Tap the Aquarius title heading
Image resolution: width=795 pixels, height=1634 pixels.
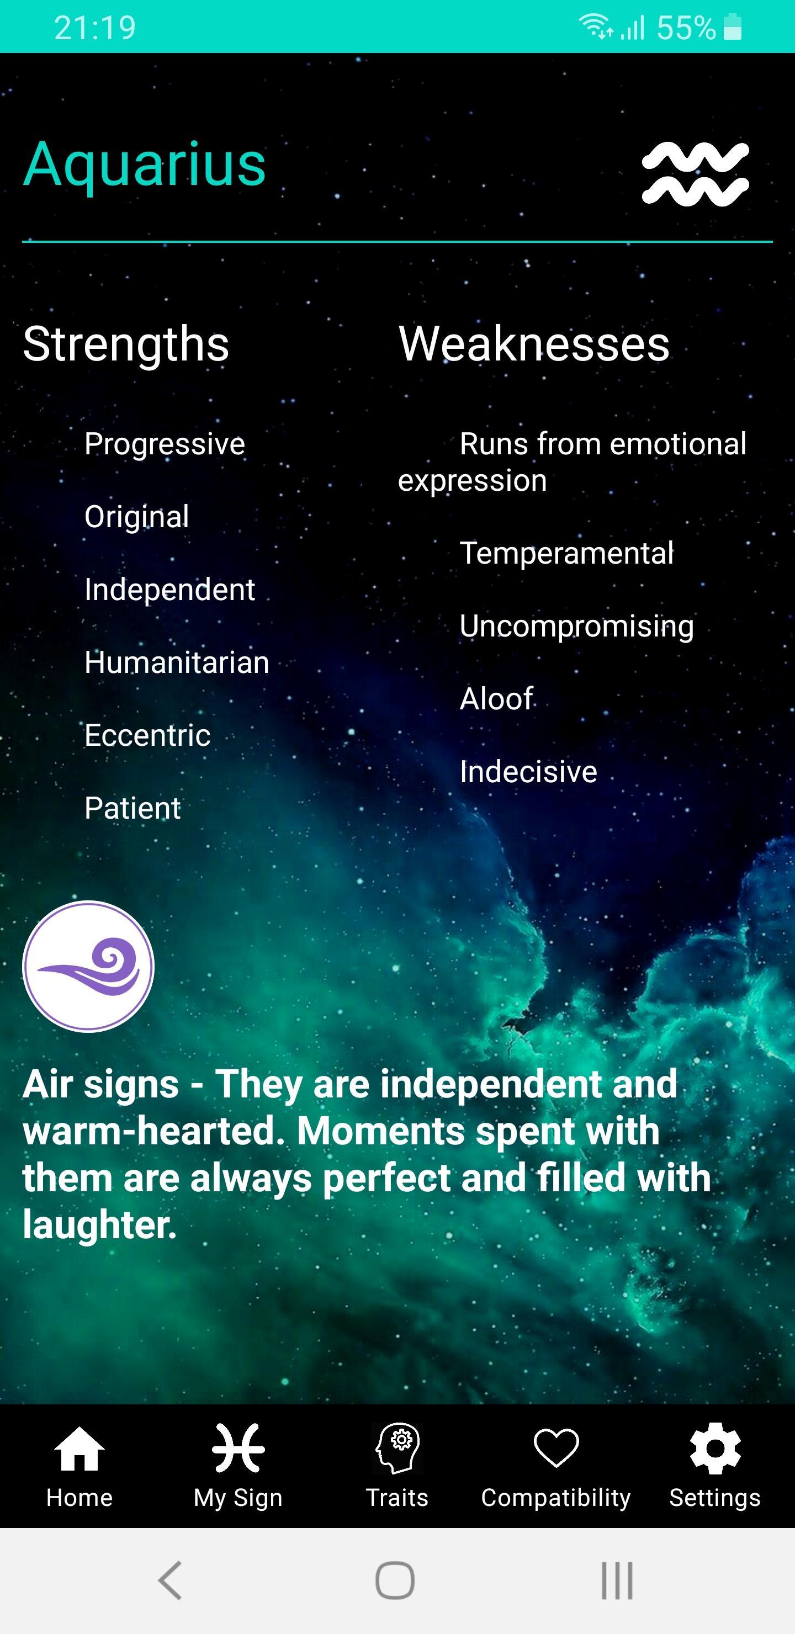(144, 165)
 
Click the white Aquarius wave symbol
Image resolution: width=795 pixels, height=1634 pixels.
(696, 174)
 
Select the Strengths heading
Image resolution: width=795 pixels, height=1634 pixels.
(126, 344)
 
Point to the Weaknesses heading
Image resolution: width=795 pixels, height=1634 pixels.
(534, 344)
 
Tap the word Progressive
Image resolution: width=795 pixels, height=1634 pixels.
(165, 444)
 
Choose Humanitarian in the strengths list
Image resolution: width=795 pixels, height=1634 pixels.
(177, 662)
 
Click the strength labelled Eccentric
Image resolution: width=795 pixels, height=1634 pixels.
(147, 735)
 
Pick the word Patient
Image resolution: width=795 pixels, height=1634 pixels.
(132, 808)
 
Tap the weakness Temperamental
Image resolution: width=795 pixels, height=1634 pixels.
(566, 553)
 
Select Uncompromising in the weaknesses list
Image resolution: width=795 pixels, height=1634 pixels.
(577, 627)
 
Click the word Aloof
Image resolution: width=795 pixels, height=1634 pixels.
(496, 699)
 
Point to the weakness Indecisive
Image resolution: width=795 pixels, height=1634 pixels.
(528, 772)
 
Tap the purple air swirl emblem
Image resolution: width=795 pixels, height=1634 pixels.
(88, 966)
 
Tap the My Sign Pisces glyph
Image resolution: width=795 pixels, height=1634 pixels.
(238, 1447)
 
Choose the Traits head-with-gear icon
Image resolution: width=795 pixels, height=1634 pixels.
(397, 1447)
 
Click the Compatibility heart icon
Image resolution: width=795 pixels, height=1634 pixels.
(556, 1447)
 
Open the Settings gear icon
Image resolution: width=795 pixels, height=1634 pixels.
(715, 1448)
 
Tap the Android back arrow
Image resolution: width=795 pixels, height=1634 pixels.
(170, 1580)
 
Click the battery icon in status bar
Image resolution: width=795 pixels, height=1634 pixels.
(732, 26)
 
